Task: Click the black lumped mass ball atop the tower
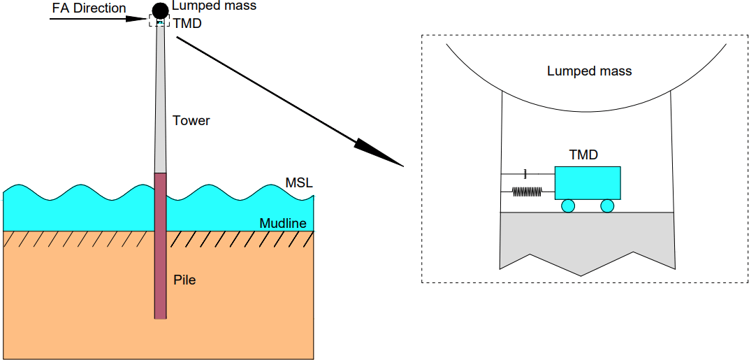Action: (161, 10)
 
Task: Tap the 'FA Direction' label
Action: (89, 8)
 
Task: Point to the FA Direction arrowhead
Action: (140, 19)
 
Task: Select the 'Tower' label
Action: (191, 121)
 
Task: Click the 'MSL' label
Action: (299, 183)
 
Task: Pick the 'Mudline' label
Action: (283, 224)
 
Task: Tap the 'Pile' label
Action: (184, 281)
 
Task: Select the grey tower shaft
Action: (161, 105)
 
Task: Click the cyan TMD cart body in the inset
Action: (588, 182)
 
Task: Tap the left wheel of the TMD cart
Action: (567, 206)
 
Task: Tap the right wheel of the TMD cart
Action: (607, 206)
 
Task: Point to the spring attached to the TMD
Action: (528, 191)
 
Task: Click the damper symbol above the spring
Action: (524, 173)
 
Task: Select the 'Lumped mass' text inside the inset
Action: (589, 71)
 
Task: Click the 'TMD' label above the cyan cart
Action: (583, 155)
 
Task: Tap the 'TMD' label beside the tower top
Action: (187, 22)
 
